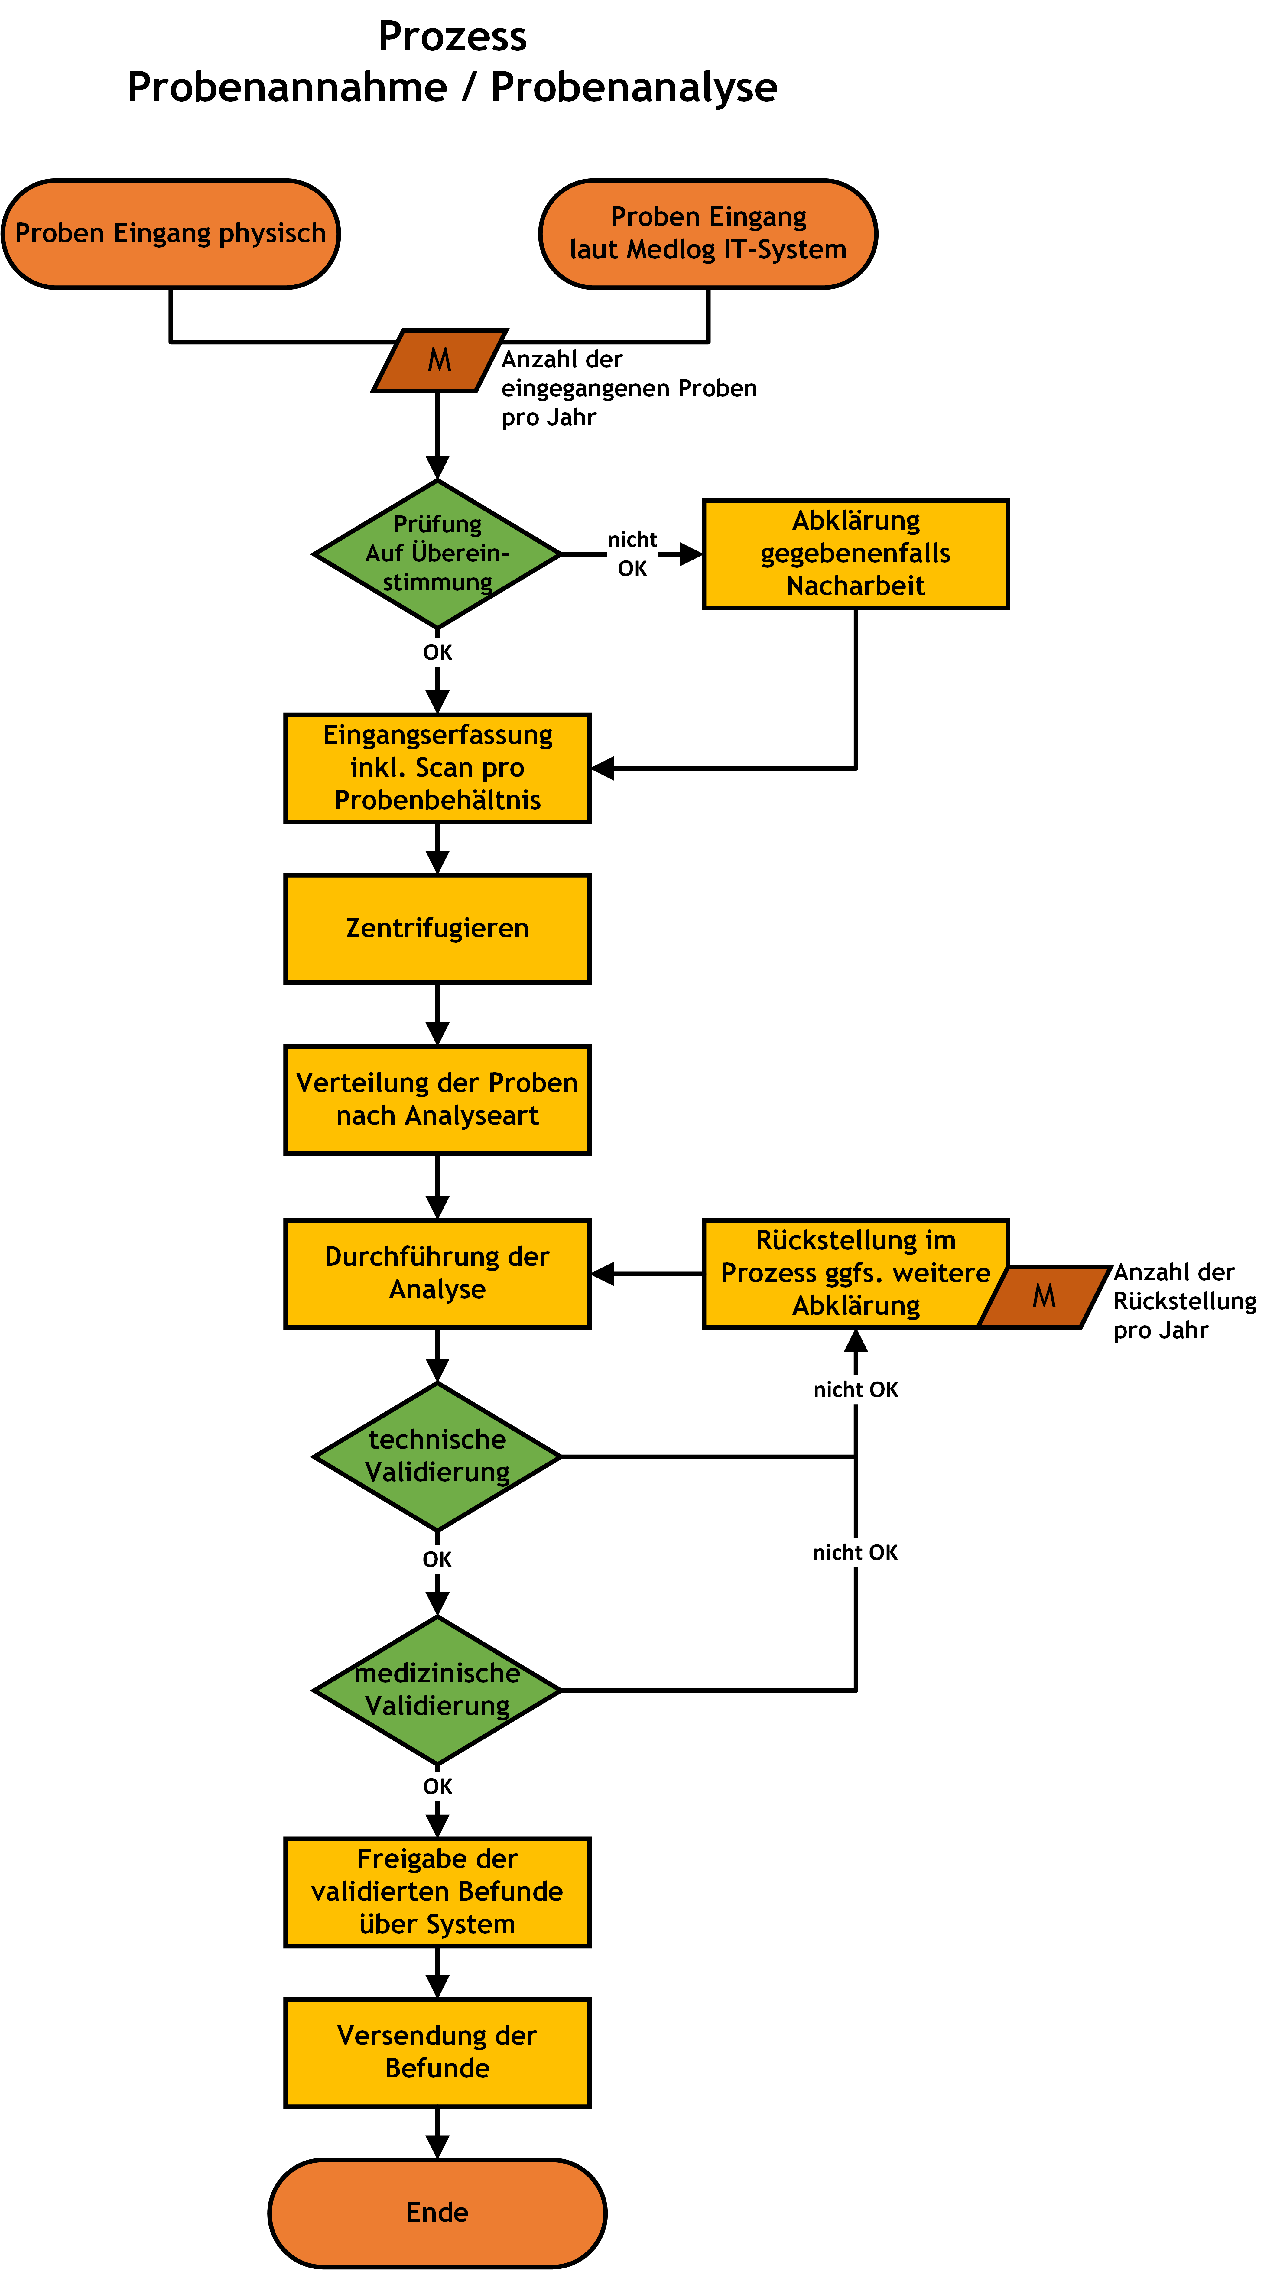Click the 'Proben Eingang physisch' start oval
170,233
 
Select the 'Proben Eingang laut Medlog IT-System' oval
708,233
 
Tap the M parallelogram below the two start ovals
439,359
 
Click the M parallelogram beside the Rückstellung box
1044,1296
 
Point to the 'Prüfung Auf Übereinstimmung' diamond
437,554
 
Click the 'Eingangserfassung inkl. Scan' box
437,768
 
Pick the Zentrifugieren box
437,928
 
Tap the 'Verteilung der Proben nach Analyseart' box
437,1099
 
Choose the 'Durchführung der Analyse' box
437,1272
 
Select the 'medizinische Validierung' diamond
437,1689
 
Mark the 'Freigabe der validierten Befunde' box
437,1891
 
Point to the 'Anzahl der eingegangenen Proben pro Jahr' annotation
628,388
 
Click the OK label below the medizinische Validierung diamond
437,1786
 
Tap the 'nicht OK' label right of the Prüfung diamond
632,554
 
